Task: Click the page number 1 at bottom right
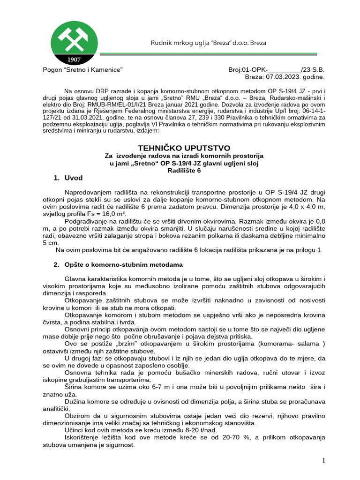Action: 324,461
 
